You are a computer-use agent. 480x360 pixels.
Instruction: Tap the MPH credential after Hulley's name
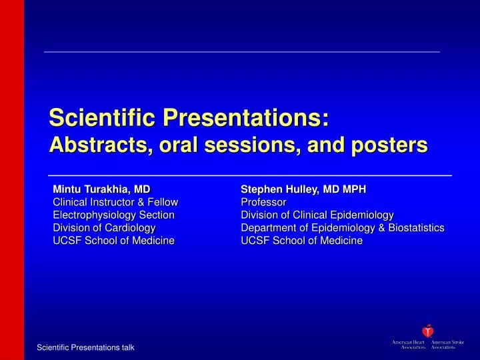click(x=353, y=189)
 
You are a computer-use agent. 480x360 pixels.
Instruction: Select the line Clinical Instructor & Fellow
click(x=115, y=201)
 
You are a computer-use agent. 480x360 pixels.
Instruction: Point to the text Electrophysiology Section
click(x=113, y=215)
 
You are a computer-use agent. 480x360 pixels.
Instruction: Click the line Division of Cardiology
click(x=104, y=227)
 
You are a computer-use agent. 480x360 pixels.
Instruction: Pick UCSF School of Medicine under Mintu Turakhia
click(x=113, y=240)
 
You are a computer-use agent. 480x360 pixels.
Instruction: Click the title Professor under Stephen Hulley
click(x=263, y=201)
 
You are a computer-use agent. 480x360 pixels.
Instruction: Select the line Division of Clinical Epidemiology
click(x=317, y=215)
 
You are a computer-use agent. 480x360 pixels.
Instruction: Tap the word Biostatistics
click(x=414, y=227)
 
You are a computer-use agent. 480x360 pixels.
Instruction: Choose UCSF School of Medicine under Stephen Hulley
click(x=301, y=240)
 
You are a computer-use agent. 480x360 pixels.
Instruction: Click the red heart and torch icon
click(x=427, y=331)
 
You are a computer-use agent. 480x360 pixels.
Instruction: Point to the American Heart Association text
click(x=409, y=345)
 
